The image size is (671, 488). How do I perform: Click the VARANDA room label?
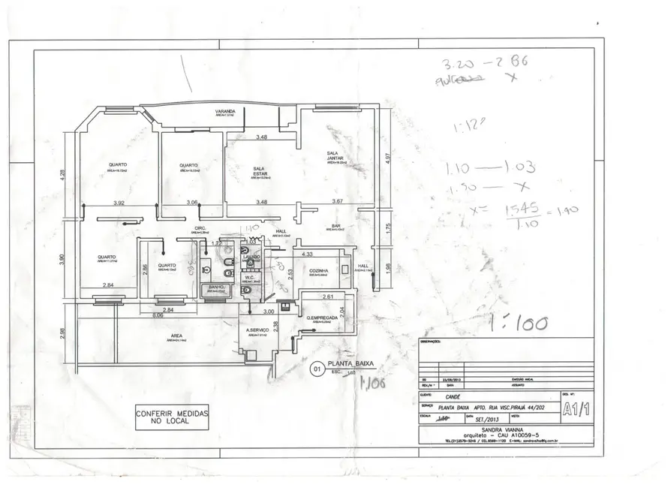226,112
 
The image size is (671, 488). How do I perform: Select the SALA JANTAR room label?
334,156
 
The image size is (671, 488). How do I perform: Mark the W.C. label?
251,279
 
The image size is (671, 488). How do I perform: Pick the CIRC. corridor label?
200,228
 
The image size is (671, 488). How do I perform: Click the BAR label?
337,225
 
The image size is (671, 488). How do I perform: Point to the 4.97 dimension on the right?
388,158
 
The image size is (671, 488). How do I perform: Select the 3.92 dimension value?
119,203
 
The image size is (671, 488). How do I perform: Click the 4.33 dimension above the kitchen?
307,255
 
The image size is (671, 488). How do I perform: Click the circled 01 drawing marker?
316,369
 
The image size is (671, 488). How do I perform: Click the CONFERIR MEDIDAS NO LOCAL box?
172,417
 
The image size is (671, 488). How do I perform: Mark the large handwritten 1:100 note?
518,324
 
